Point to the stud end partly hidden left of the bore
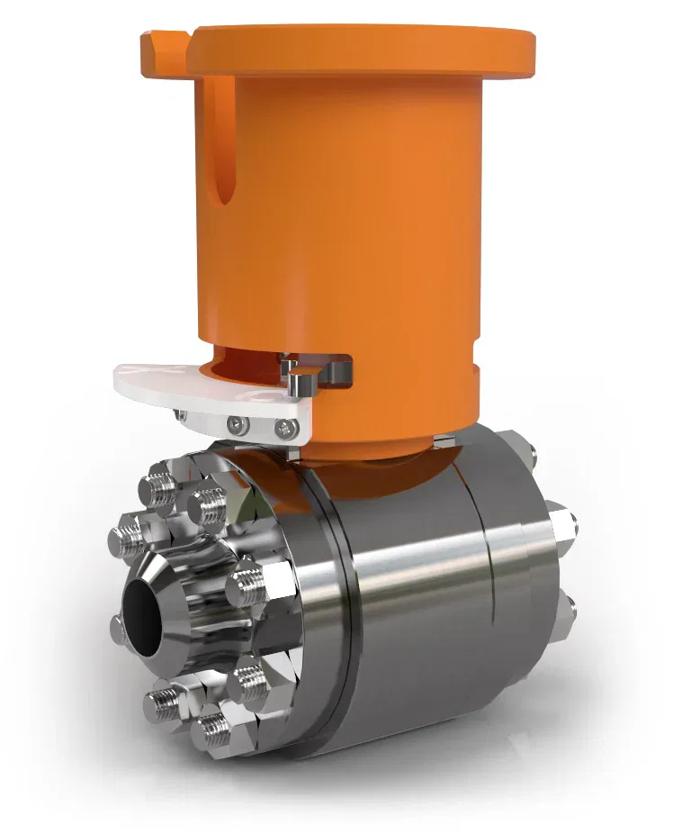118,628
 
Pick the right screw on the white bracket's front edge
286,427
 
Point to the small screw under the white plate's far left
182,414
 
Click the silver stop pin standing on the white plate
301,382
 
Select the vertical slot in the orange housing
223,144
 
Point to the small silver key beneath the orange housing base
443,441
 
